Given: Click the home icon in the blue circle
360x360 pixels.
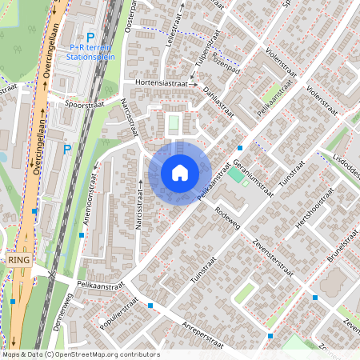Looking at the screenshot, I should (180, 173).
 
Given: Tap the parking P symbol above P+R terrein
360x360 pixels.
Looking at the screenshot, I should (90, 37).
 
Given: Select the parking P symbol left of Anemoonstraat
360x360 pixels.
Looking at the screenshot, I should (67, 149).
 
